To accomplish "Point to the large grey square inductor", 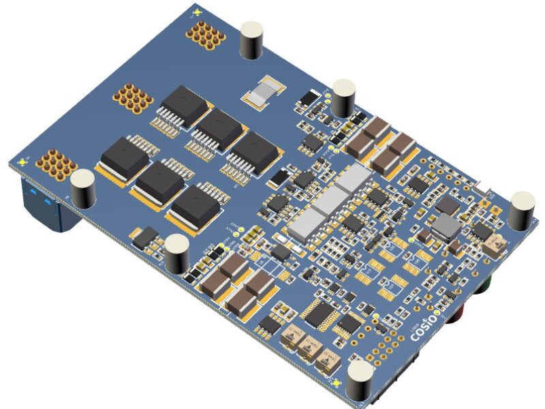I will [446, 226].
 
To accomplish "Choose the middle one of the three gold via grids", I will [132, 97].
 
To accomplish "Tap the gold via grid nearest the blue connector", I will [55, 163].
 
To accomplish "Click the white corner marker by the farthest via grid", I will [196, 12].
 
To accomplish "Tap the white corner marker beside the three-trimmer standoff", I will [339, 383].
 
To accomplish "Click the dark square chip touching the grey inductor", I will [448, 205].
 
